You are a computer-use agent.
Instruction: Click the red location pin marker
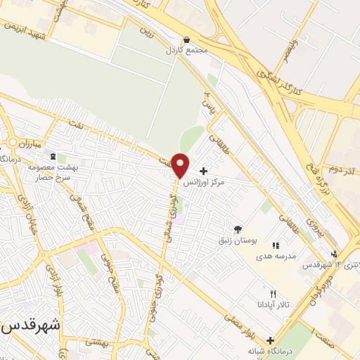click(x=180, y=165)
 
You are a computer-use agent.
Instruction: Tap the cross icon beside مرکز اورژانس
click(x=203, y=171)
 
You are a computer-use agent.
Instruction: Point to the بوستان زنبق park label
click(x=237, y=240)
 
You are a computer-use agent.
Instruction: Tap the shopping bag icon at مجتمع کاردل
click(x=186, y=40)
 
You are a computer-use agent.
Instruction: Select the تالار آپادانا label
click(x=270, y=304)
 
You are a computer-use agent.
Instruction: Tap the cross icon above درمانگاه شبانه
click(x=270, y=340)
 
